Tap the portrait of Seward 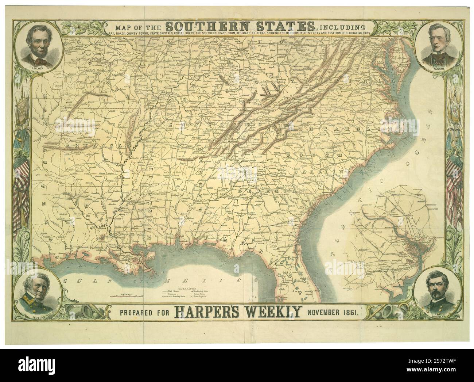pyautogui.click(x=435, y=45)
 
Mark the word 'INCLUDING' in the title pyautogui.click(x=341, y=27)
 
